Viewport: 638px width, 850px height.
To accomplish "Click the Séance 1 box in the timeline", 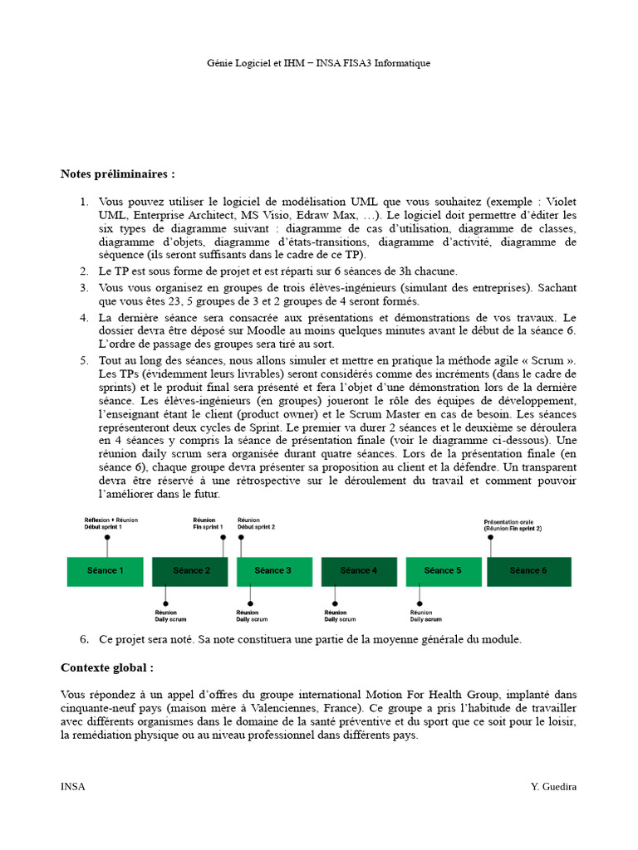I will pyautogui.click(x=106, y=571).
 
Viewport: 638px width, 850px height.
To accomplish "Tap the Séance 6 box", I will pyautogui.click(x=528, y=571).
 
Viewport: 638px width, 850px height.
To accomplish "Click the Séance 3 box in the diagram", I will pyautogui.click(x=273, y=571).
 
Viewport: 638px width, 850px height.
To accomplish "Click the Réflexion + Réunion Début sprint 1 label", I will pyautogui.click(x=110, y=523).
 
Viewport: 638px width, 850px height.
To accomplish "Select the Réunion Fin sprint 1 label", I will pyautogui.click(x=209, y=523).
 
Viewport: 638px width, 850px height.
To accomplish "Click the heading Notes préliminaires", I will pyautogui.click(x=118, y=173).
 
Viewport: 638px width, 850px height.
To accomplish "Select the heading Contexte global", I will pyautogui.click(x=107, y=668).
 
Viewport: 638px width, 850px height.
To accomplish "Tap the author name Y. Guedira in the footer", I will pyautogui.click(x=553, y=787).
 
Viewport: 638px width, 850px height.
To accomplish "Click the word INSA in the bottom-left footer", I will pyautogui.click(x=73, y=787).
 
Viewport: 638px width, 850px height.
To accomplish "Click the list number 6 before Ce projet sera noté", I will pyautogui.click(x=84, y=639).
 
